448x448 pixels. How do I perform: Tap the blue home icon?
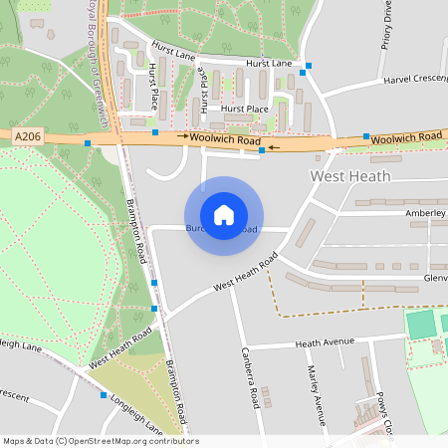coord(224,214)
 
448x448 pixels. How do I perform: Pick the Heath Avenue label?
coord(325,342)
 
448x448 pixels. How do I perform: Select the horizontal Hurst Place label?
coord(245,108)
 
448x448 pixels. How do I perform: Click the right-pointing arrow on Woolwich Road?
coord(183,134)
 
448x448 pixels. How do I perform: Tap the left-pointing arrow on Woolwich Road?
coord(273,146)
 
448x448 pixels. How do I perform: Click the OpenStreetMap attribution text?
coord(101,441)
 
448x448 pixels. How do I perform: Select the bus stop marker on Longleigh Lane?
coord(104,395)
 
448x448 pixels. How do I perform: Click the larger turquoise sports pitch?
coord(422,325)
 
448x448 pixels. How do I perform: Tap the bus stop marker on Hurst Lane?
coord(309,67)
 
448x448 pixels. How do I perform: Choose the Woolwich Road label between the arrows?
coord(226,140)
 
